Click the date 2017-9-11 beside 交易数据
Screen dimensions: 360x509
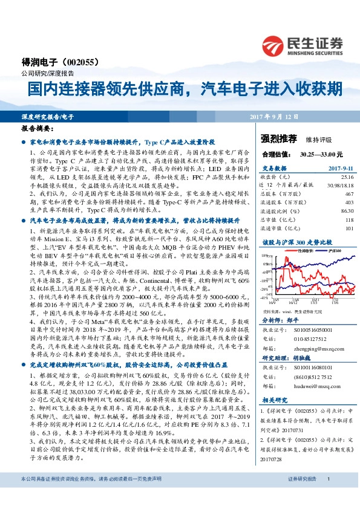[x=340, y=169]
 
